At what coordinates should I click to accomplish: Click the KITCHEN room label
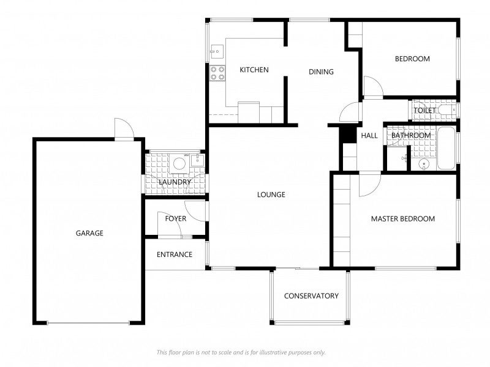tap(254, 70)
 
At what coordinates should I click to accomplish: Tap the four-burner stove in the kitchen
tap(217, 73)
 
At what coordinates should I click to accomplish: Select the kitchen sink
tap(216, 52)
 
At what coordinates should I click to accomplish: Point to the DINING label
tap(321, 72)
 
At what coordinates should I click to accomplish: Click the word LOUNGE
tap(271, 195)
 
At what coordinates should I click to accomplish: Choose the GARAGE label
tap(89, 233)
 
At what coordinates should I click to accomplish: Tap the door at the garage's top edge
tap(124, 129)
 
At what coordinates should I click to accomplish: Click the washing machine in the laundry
tap(179, 163)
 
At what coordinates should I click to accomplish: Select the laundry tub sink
tap(197, 161)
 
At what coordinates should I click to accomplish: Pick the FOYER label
tap(176, 219)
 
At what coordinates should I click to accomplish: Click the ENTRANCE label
tap(175, 255)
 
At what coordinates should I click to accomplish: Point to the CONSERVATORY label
tap(311, 296)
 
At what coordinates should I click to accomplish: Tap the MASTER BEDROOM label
tap(403, 219)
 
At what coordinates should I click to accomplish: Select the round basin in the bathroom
tap(424, 164)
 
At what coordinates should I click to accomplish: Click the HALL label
tap(369, 136)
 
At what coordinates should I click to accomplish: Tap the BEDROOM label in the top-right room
tap(412, 59)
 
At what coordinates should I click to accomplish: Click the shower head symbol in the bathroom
tap(404, 158)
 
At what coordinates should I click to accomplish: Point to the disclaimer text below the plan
tap(241, 352)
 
